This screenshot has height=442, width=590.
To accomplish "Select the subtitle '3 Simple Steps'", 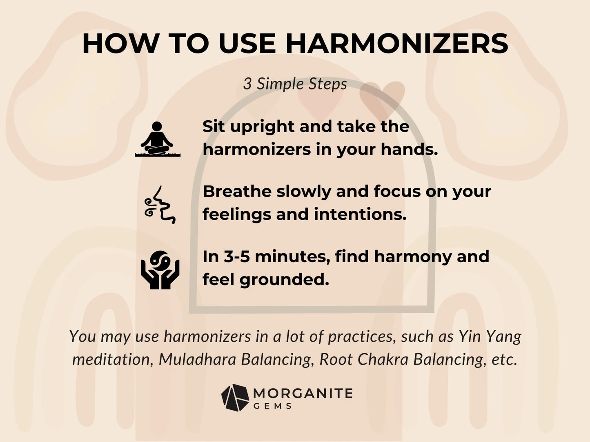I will (295, 84).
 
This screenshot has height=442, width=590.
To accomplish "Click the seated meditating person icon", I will (157, 139).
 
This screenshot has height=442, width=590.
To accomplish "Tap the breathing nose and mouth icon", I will (160, 205).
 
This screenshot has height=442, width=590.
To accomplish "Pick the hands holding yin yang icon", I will (160, 270).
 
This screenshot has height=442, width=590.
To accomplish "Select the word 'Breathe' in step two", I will (237, 191).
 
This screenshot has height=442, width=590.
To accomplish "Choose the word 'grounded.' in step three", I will (284, 279).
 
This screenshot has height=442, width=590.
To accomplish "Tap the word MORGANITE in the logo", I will (303, 393).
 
